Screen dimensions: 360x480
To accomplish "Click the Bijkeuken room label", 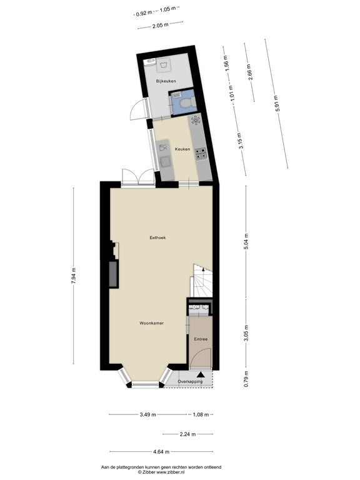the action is pyautogui.click(x=166, y=81).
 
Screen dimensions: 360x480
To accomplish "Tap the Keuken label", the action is pyautogui.click(x=182, y=149).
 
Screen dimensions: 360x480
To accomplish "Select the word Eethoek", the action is pyautogui.click(x=157, y=237).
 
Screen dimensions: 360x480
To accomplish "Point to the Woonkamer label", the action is pyautogui.click(x=151, y=323).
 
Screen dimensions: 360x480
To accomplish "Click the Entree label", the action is pyautogui.click(x=201, y=339).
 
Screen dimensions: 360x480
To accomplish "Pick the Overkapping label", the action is pyautogui.click(x=190, y=382).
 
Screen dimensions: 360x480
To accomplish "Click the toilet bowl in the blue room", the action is pyautogui.click(x=187, y=102).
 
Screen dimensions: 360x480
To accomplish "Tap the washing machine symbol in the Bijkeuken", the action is pyautogui.click(x=163, y=65).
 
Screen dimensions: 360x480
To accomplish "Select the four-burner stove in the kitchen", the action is pyautogui.click(x=201, y=154).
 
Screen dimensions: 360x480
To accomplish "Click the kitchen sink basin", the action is pyautogui.click(x=166, y=162).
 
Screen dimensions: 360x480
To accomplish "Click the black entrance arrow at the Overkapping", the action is pyautogui.click(x=201, y=374).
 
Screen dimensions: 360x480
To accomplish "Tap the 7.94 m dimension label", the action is pyautogui.click(x=74, y=276).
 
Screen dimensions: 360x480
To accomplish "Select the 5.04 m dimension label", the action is pyautogui.click(x=246, y=242).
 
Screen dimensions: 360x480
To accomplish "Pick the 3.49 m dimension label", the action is pyautogui.click(x=148, y=415).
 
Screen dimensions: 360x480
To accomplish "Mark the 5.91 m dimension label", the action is pyautogui.click(x=277, y=104).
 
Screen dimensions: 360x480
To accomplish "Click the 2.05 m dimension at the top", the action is pyautogui.click(x=161, y=26).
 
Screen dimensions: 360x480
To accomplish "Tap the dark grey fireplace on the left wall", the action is pyautogui.click(x=114, y=274).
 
